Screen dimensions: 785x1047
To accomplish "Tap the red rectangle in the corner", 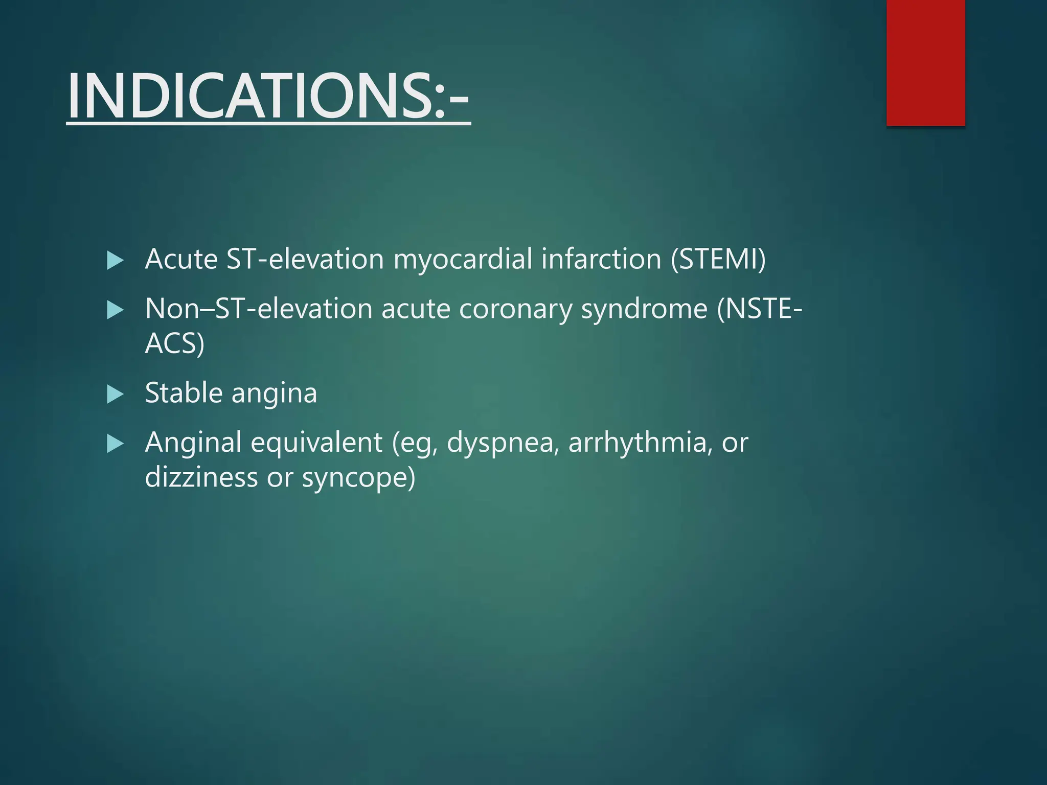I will pyautogui.click(x=925, y=62).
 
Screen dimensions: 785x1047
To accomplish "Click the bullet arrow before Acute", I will pyautogui.click(x=115, y=261).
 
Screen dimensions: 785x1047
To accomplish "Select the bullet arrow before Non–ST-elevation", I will pyautogui.click(x=115, y=310).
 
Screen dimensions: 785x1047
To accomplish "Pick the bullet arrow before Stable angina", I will pyautogui.click(x=115, y=394).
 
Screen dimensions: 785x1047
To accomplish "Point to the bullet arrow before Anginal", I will pyautogui.click(x=115, y=444).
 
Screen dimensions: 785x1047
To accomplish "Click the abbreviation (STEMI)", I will pyautogui.click(x=718, y=259).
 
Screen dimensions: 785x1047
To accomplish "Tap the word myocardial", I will pyautogui.click(x=462, y=259).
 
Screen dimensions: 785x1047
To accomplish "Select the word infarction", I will pyautogui.click(x=601, y=259).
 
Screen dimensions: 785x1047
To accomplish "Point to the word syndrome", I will pyautogui.click(x=644, y=309).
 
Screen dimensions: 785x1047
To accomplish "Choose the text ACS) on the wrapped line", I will pyautogui.click(x=175, y=343).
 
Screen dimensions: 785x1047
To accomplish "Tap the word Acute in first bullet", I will pyautogui.click(x=181, y=259).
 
